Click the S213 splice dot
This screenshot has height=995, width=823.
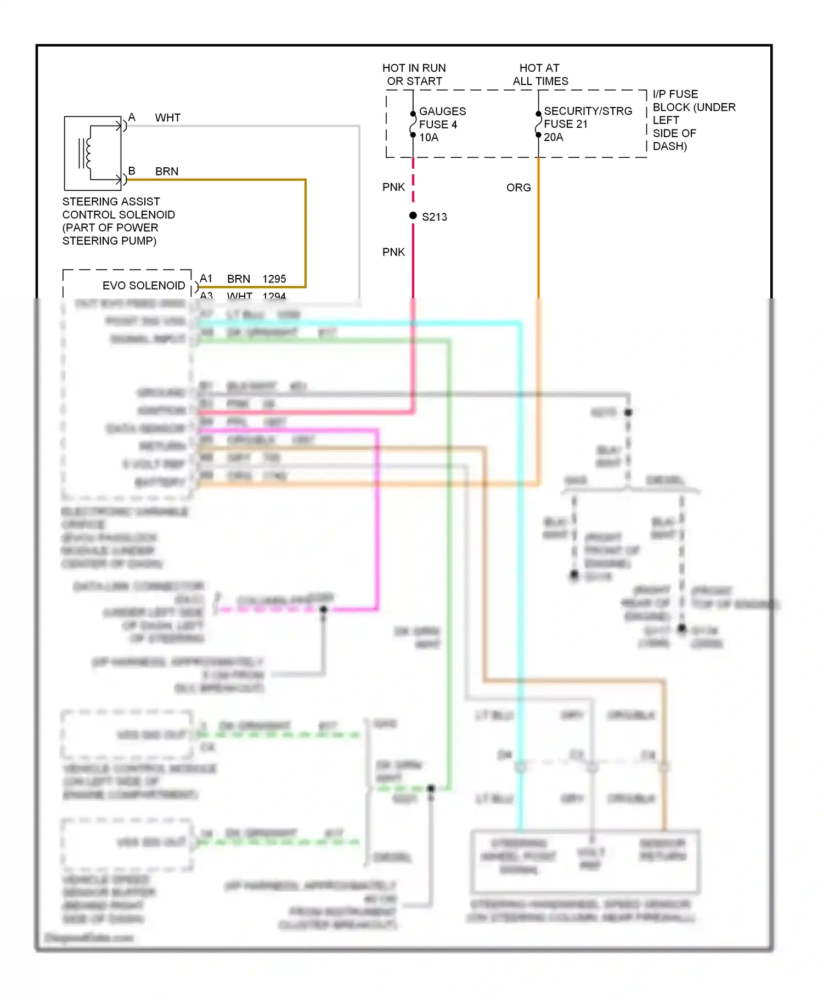pyautogui.click(x=413, y=216)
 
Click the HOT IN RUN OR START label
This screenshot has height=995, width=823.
pyautogui.click(x=414, y=75)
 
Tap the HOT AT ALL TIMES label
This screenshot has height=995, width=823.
pyautogui.click(x=540, y=75)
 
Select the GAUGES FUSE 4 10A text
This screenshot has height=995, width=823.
pyautogui.click(x=442, y=125)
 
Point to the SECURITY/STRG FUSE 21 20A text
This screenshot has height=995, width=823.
pyautogui.click(x=587, y=124)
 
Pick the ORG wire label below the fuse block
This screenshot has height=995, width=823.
pyautogui.click(x=518, y=188)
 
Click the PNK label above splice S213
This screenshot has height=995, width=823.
pyautogui.click(x=393, y=187)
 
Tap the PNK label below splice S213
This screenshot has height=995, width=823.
pyautogui.click(x=393, y=252)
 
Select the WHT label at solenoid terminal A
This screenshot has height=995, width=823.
pyautogui.click(x=167, y=117)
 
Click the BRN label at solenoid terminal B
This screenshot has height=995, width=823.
pyautogui.click(x=167, y=171)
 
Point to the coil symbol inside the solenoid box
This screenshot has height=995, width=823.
pyautogui.click(x=87, y=152)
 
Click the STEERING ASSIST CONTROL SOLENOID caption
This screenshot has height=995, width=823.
pyautogui.click(x=118, y=221)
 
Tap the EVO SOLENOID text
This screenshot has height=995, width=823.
pyautogui.click(x=144, y=285)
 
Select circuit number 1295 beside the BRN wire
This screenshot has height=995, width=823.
pyautogui.click(x=274, y=279)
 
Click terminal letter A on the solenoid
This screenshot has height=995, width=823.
pyautogui.click(x=132, y=117)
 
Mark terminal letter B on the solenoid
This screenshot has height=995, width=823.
pyautogui.click(x=132, y=171)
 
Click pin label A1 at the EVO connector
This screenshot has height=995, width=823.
pyautogui.click(x=206, y=278)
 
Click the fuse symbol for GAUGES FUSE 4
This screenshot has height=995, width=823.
pyautogui.click(x=413, y=125)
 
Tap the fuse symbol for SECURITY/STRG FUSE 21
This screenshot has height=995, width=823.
pyautogui.click(x=538, y=125)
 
